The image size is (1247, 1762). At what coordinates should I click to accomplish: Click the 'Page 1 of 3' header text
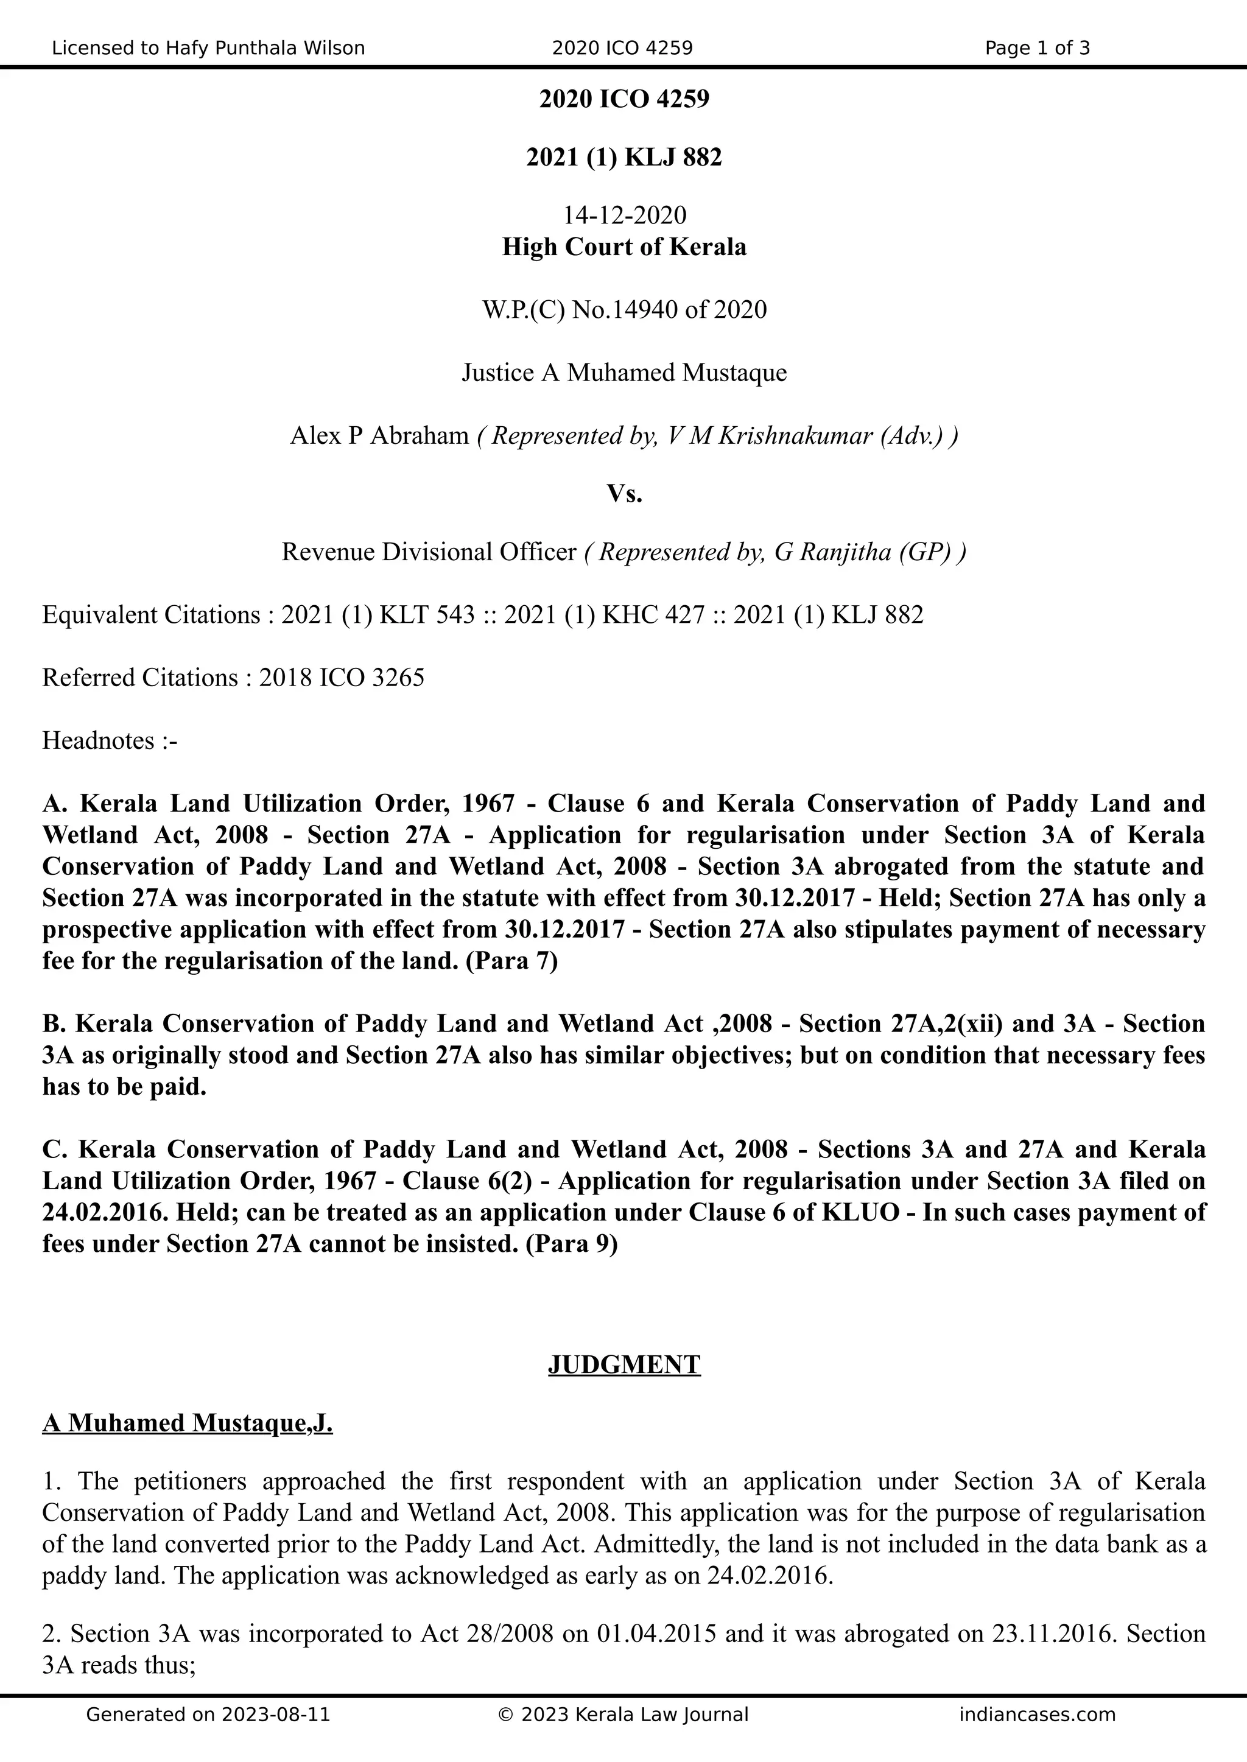(x=1036, y=48)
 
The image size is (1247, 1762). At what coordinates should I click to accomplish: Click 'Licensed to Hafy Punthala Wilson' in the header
(x=208, y=48)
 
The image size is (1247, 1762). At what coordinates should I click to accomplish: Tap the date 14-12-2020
(x=624, y=215)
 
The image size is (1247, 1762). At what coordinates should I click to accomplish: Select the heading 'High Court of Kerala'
(x=624, y=247)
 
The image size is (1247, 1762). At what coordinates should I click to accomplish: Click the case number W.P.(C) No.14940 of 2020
(x=624, y=310)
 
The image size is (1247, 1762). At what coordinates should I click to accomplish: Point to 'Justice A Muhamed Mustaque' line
(x=624, y=373)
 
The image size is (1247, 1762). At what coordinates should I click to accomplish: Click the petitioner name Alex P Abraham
(x=379, y=436)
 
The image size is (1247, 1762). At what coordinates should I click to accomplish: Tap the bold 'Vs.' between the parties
(x=624, y=494)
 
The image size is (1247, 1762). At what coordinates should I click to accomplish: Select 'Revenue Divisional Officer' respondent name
(x=429, y=552)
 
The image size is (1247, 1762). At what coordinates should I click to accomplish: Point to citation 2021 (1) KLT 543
(x=378, y=615)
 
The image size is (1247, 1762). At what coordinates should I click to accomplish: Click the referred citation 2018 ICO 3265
(x=341, y=678)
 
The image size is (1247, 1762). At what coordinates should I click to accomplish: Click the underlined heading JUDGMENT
(x=624, y=1364)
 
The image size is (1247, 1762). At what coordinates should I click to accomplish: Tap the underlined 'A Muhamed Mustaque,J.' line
(x=188, y=1423)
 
